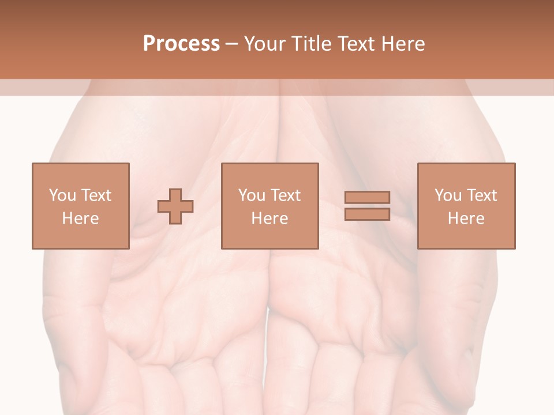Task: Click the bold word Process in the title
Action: (181, 44)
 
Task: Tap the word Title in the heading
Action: (312, 44)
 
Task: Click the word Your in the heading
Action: (265, 44)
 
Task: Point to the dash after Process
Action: (232, 44)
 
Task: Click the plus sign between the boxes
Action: (175, 206)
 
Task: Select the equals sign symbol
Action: (367, 206)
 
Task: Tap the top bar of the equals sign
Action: (367, 197)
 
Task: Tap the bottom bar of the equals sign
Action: (367, 214)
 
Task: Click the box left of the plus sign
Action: (81, 206)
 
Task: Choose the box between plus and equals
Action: (269, 206)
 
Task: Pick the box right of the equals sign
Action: (466, 206)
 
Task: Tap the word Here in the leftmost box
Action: (80, 218)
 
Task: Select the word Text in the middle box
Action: (286, 195)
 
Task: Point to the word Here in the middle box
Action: (269, 218)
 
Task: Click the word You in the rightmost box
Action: (448, 195)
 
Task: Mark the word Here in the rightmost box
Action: (466, 218)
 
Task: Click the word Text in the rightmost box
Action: (482, 195)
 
